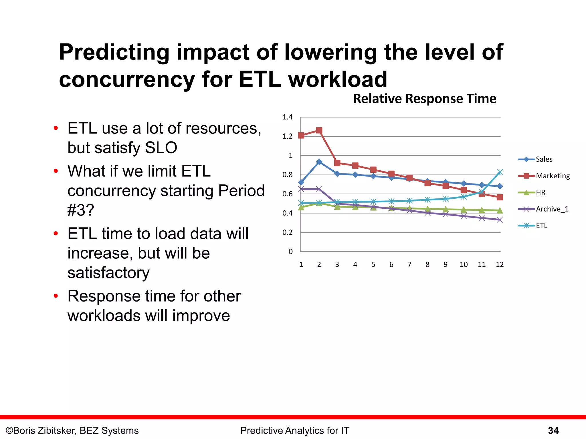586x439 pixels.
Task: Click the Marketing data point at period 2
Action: click(319, 131)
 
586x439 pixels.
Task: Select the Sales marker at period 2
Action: click(319, 162)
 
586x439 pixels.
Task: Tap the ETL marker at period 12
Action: click(500, 172)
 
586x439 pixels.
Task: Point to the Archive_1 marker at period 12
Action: click(500, 220)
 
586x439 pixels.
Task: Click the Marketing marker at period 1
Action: click(301, 135)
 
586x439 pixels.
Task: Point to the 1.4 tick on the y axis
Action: click(288, 117)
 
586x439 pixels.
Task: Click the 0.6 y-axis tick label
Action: click(288, 194)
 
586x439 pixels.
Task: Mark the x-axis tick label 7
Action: click(409, 264)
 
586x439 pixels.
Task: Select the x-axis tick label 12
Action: click(500, 264)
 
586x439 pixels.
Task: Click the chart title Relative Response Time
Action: click(425, 99)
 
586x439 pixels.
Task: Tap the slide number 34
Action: click(553, 430)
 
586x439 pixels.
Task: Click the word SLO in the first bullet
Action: click(161, 148)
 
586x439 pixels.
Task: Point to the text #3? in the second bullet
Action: click(81, 210)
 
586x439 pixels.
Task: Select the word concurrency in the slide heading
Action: click(127, 79)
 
